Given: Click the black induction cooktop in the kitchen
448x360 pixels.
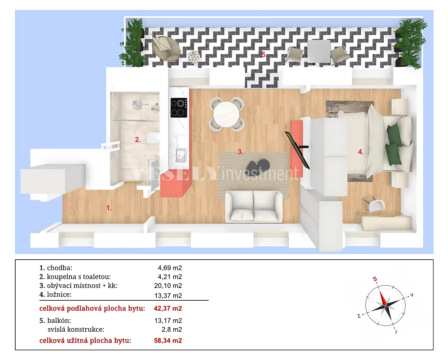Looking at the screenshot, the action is point(179,108).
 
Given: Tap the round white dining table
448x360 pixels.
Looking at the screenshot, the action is point(226,114).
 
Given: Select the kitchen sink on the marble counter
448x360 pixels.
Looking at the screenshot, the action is point(180,155).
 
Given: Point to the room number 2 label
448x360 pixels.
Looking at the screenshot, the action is point(138,140).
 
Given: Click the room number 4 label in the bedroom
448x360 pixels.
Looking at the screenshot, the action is point(361,152).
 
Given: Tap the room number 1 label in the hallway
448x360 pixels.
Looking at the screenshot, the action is point(109,208).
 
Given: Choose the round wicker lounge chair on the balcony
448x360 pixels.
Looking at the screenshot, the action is point(166,48).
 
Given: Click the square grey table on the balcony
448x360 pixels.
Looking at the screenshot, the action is point(319,51).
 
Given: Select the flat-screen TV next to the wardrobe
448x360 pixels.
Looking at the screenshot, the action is point(297,150).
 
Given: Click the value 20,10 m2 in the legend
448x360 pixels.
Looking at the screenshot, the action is point(168,286).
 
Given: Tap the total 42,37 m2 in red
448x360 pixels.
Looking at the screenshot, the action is point(168,308).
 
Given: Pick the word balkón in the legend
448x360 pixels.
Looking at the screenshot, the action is point(59,320).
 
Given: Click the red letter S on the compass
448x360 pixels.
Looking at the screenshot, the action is point(375,279).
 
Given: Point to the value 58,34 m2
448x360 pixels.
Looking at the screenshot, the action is point(168,341).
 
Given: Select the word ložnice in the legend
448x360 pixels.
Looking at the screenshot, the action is point(59,295).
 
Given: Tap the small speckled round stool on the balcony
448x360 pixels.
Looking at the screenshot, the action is point(194,57).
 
